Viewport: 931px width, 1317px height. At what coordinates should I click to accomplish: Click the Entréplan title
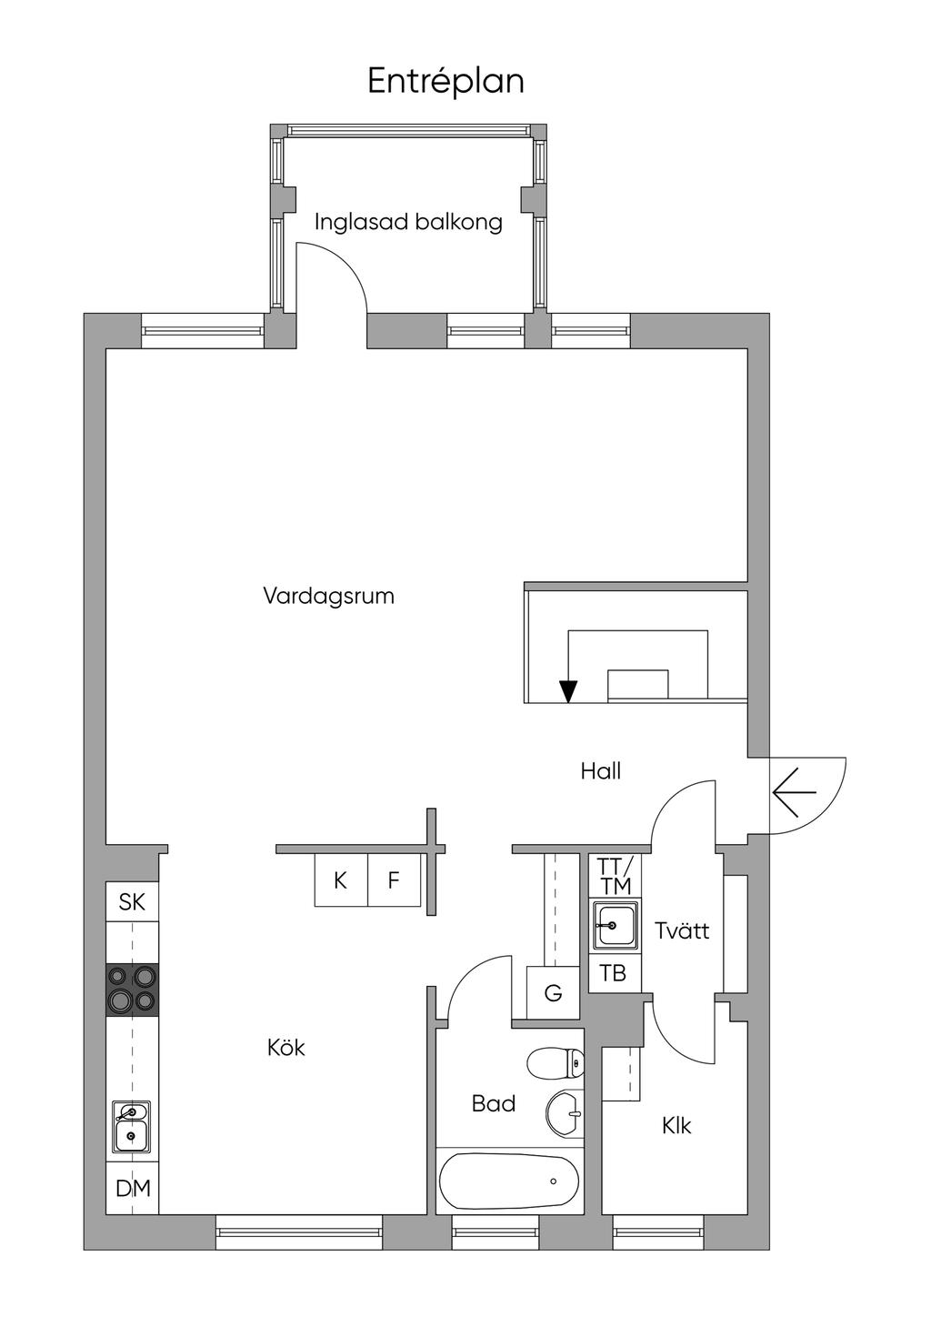[445, 81]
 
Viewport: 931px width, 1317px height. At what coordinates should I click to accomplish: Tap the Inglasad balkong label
[408, 222]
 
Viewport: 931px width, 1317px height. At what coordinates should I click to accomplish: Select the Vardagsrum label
[328, 596]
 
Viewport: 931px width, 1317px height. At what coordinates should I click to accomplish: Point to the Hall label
[601, 770]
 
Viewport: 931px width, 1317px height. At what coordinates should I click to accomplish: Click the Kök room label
[286, 1048]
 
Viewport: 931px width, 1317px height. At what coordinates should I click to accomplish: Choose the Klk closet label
[676, 1125]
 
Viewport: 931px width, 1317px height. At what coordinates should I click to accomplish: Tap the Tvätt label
[682, 930]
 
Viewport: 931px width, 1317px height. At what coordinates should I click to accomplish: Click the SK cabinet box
[132, 901]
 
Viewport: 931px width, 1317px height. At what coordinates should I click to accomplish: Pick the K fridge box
[341, 880]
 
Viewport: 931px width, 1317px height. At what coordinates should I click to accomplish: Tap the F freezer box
[394, 880]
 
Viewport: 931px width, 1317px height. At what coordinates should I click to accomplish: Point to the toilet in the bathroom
[556, 1061]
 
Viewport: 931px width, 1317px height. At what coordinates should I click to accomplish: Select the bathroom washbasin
[565, 1113]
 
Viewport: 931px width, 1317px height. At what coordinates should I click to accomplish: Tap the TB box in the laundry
[615, 973]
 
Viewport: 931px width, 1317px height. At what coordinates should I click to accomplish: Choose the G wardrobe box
[553, 993]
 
